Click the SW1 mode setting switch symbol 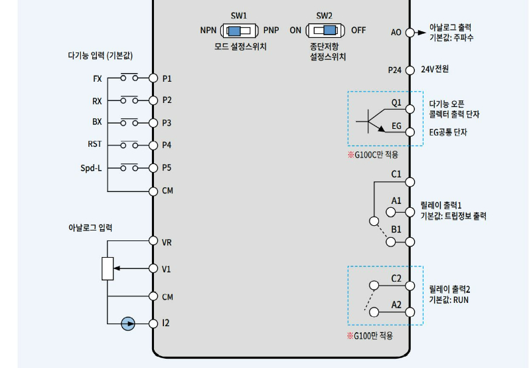(x=239, y=30)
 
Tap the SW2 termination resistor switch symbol (x=325, y=30)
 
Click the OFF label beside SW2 (x=358, y=30)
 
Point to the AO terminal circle (x=410, y=32)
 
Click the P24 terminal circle (x=410, y=69)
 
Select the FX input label (x=98, y=78)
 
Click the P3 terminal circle (x=153, y=122)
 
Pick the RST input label (x=95, y=144)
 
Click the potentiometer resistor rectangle (x=108, y=268)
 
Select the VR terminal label (x=167, y=242)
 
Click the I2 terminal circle (x=153, y=323)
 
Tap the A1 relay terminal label (x=396, y=201)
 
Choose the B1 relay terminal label (x=396, y=229)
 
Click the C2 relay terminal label (x=396, y=278)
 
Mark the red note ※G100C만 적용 (x=373, y=154)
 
